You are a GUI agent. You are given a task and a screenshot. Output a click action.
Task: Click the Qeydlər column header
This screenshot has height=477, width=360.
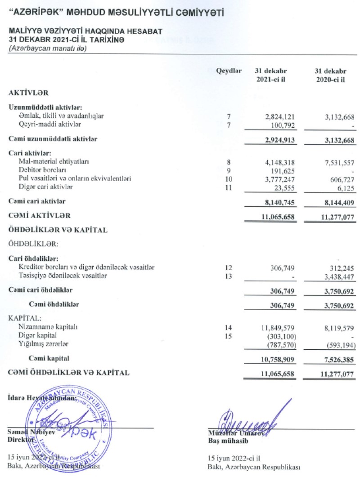click(x=229, y=71)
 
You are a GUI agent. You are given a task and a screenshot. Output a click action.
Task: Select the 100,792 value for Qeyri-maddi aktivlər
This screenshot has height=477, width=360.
click(x=282, y=124)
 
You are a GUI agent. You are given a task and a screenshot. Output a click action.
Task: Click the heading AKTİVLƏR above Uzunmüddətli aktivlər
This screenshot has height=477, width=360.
click(x=28, y=92)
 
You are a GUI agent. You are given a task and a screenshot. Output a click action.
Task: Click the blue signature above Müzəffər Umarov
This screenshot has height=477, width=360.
click(x=247, y=420)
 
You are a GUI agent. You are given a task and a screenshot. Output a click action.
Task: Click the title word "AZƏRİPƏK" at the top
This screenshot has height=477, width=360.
click(x=37, y=13)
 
